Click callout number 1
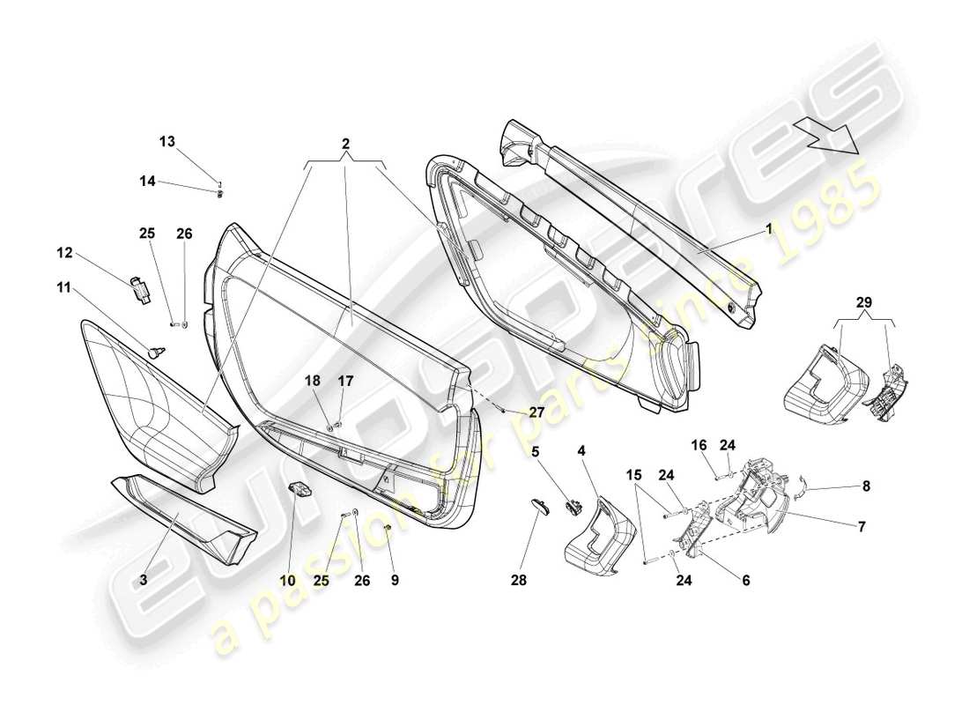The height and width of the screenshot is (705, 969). [x=768, y=227]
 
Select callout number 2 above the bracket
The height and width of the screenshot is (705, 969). [x=345, y=144]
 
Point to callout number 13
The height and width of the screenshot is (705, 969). [x=167, y=141]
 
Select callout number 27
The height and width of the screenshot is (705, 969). [x=536, y=412]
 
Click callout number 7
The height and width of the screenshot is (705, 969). [x=861, y=527]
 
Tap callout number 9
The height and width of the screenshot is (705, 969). [x=396, y=581]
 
